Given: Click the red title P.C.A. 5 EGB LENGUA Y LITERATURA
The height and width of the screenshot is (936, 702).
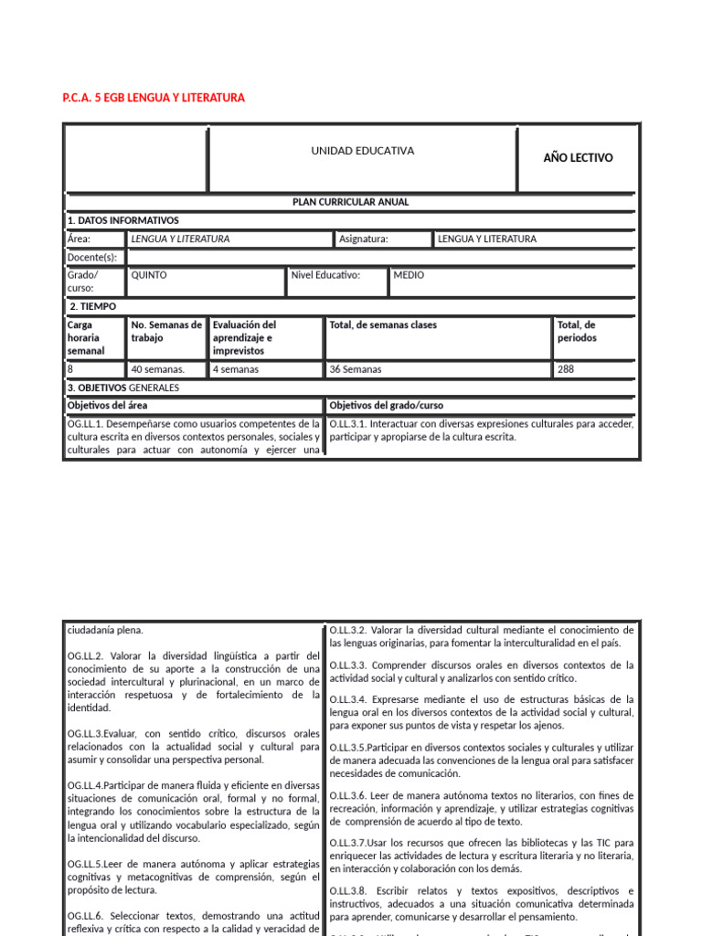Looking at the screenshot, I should coord(154,98).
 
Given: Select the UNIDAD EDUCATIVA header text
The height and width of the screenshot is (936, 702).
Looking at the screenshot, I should coord(363,151).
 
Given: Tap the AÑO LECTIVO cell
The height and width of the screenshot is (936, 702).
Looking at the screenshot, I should coord(578,158).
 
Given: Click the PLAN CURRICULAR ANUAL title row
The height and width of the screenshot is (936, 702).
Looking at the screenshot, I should coord(351,202).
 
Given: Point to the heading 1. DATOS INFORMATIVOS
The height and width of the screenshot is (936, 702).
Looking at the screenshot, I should coord(123,220).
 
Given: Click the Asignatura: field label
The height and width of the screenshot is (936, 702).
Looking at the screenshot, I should coord(364,239).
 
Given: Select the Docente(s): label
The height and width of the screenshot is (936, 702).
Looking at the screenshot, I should coord(92,257).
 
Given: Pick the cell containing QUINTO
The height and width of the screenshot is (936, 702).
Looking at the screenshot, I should coord(150,274).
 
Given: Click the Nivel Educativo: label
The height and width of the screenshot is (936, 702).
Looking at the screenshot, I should coord(325,274).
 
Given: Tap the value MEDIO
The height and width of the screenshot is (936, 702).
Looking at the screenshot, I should coord(409,274).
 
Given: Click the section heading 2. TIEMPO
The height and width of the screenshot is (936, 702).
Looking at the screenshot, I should coord(92,306).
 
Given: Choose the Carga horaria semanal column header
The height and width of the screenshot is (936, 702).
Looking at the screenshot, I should coord(87,337).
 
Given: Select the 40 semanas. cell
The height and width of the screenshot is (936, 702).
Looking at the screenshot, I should coord(158,369).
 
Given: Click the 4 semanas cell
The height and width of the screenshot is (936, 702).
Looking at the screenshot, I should coord(236,369).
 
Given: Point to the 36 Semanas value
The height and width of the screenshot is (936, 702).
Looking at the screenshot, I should coord(356,369).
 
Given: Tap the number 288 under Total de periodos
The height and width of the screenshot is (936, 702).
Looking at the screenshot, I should coord(567,369).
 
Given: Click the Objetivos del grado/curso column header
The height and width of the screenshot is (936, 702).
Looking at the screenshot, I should coord(387,405).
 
